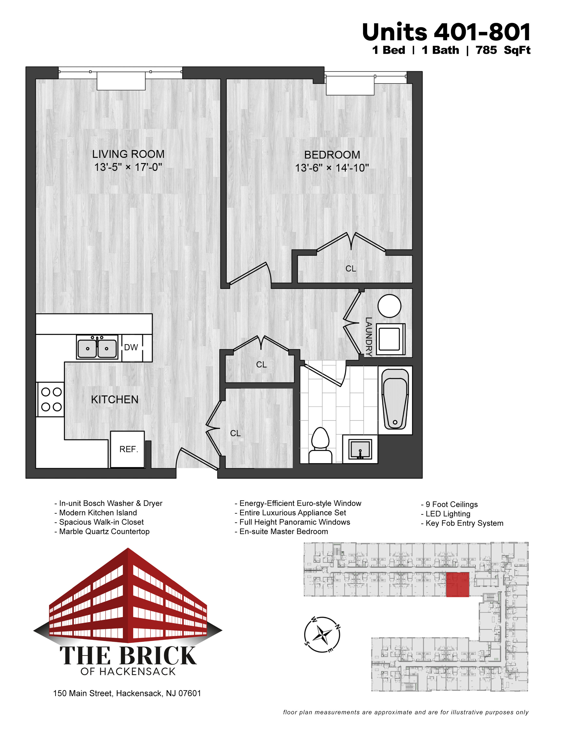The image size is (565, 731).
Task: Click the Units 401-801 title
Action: pyautogui.click(x=446, y=32)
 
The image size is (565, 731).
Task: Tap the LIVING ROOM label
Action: pyautogui.click(x=128, y=154)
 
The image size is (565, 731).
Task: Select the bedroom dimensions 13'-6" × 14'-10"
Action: pyautogui.click(x=332, y=168)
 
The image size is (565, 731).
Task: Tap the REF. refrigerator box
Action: pyautogui.click(x=127, y=449)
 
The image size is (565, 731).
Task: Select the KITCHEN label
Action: pyautogui.click(x=115, y=400)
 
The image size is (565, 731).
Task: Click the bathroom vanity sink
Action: pyautogui.click(x=360, y=449)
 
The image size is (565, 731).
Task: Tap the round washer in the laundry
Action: pyautogui.click(x=389, y=306)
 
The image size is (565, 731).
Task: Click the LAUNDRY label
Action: pyautogui.click(x=369, y=336)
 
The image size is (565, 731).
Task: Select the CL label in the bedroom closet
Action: pyautogui.click(x=351, y=269)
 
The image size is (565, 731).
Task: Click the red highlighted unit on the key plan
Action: pyautogui.click(x=458, y=584)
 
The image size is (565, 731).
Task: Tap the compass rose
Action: pyautogui.click(x=322, y=634)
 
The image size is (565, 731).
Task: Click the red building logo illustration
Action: pyautogui.click(x=128, y=596)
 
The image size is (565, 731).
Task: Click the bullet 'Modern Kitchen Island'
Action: pyautogui.click(x=96, y=513)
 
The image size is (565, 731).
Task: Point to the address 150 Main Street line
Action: pyautogui.click(x=127, y=693)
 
